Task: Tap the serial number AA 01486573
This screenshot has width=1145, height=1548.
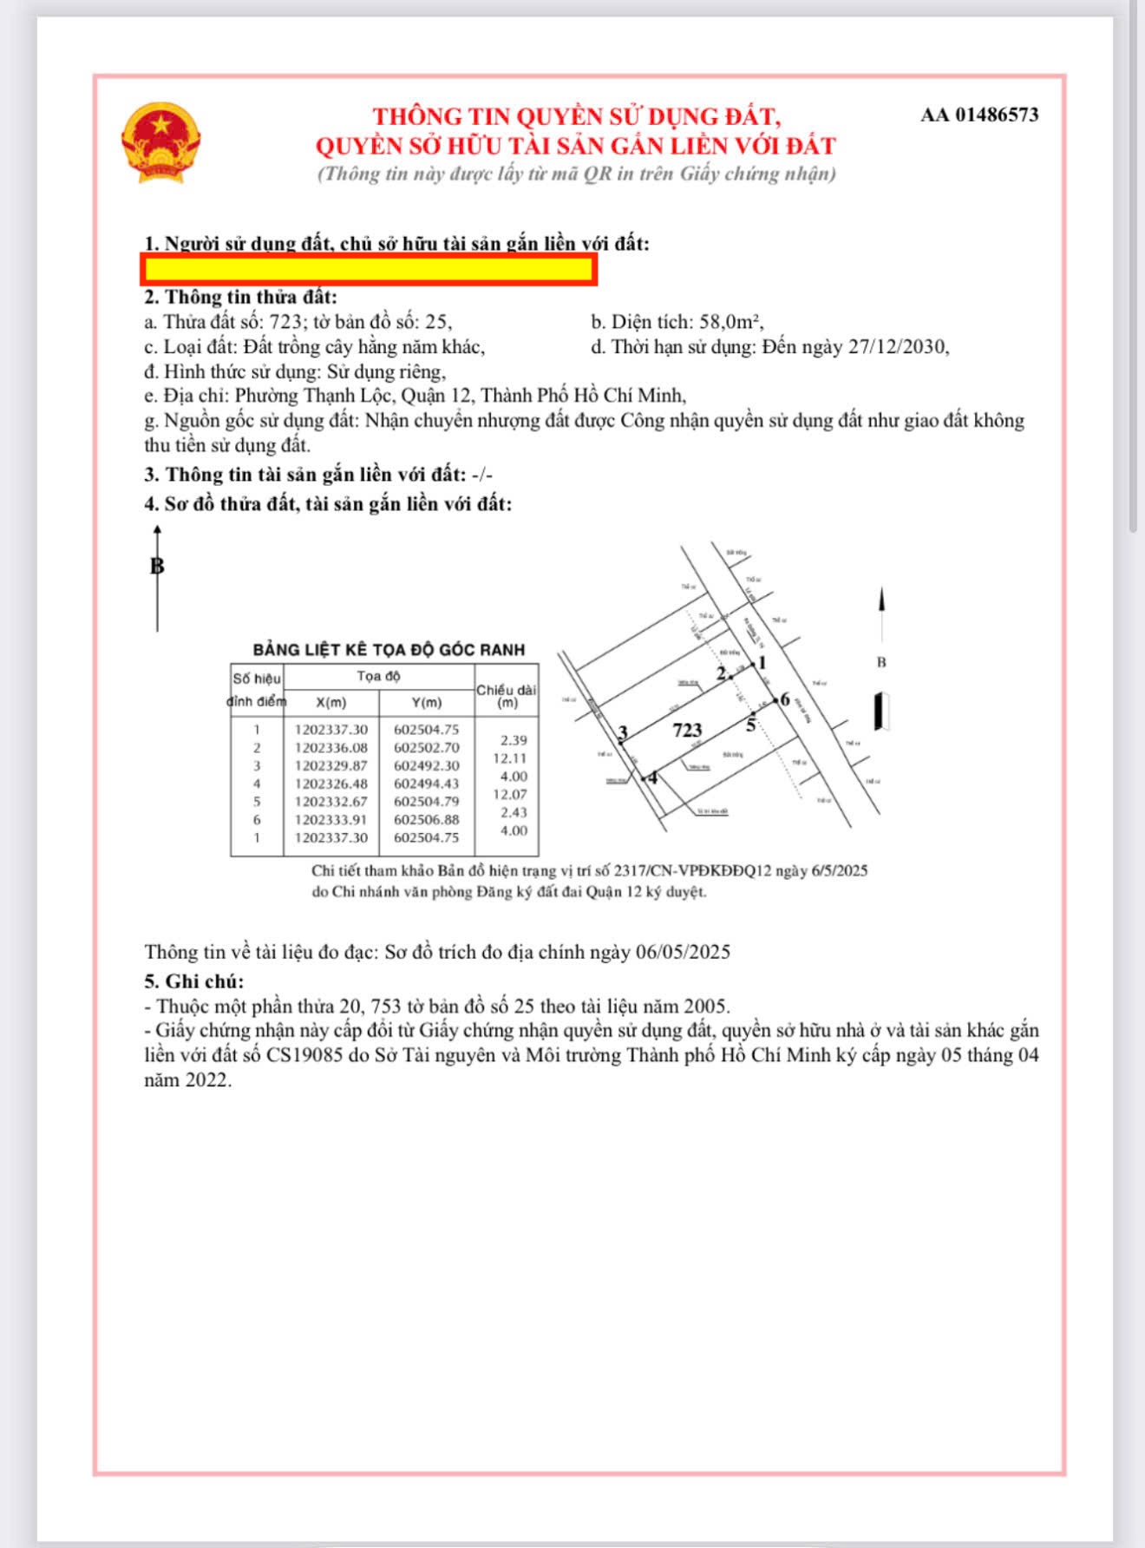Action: coord(979,115)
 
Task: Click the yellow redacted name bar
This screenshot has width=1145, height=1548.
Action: coord(368,270)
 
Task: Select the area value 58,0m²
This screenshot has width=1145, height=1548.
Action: coord(730,322)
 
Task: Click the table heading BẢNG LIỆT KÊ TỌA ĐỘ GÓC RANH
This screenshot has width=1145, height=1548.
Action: coord(389,649)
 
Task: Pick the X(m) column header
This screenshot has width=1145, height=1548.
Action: coord(330,702)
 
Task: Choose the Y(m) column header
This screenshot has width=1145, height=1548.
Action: coord(426,702)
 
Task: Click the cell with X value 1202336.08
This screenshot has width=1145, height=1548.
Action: coord(330,748)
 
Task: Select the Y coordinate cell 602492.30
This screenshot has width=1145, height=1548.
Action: coord(426,766)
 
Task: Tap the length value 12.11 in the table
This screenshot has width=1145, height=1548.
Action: coord(510,758)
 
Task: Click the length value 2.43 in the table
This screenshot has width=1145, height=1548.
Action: coord(513,812)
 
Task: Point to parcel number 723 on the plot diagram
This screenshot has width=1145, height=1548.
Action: coord(687,730)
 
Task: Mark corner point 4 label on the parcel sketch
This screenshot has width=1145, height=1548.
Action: coord(653,777)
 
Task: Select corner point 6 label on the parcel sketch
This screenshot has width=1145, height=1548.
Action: coord(785,699)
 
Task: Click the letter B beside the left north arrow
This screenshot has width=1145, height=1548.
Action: coord(157,567)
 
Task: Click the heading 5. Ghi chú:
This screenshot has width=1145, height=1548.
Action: coord(193,981)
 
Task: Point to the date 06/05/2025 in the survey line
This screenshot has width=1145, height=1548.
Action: coord(683,952)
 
